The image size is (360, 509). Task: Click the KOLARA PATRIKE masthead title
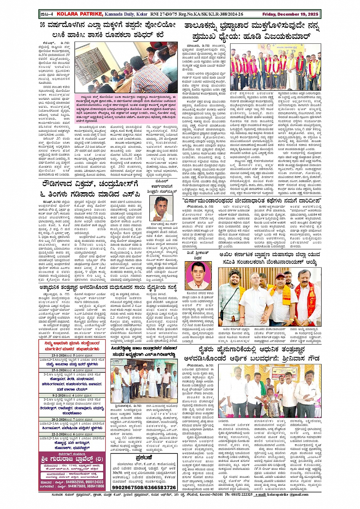tap(80, 14)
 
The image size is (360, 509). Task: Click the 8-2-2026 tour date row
tap(72, 396)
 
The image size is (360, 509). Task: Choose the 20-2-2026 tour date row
tap(72, 419)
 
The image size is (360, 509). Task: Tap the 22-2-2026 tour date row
tap(72, 434)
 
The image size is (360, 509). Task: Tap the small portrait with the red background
tap(198, 275)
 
